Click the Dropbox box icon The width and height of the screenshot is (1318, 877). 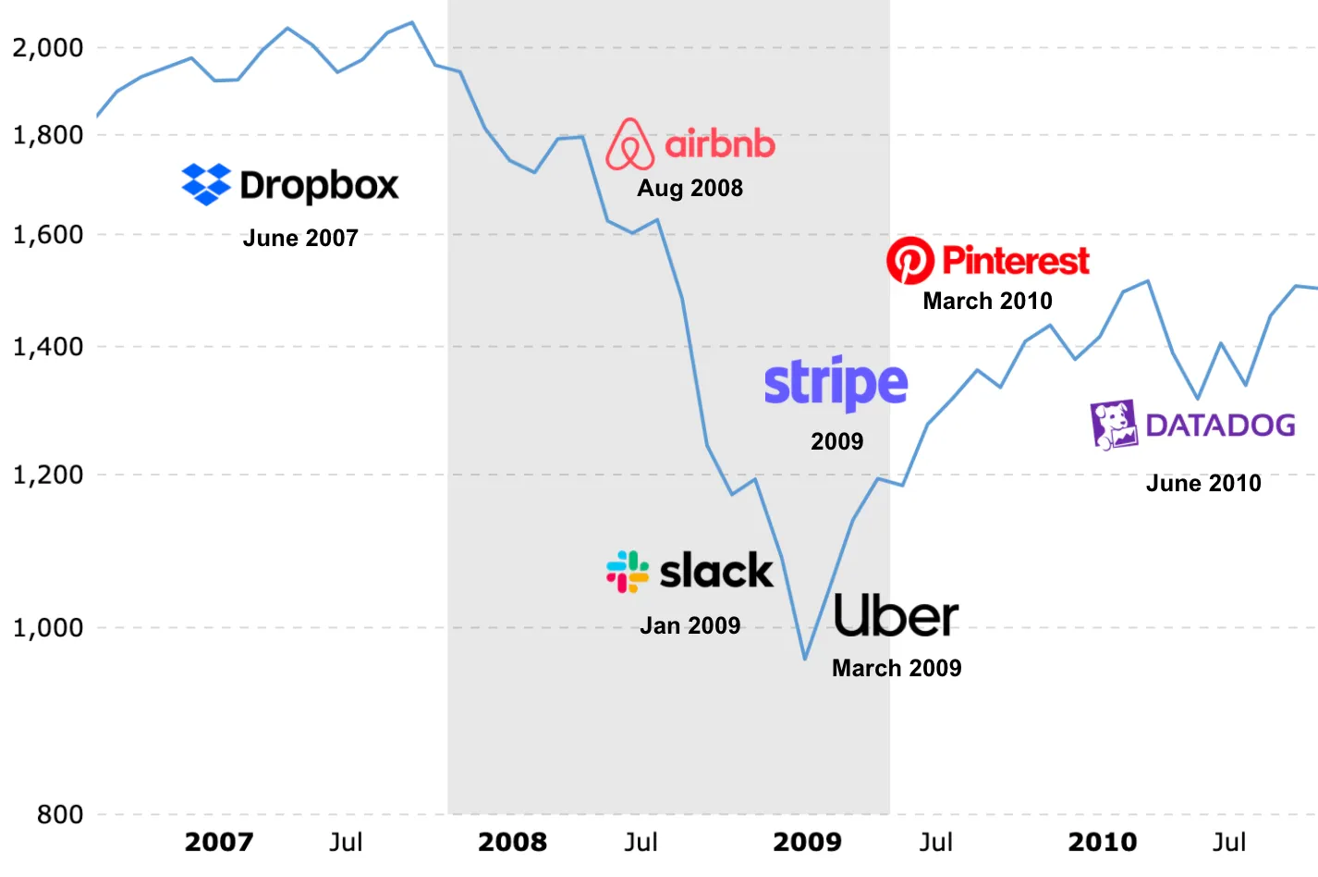[206, 184]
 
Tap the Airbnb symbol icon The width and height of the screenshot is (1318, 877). [629, 144]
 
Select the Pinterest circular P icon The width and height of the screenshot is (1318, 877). [910, 260]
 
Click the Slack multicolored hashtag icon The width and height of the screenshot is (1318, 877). [628, 571]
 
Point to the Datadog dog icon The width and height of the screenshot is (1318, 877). [1114, 425]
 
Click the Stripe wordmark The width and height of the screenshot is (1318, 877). [836, 383]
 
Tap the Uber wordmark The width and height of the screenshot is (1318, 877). [896, 616]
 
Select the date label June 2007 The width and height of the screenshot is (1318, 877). [300, 238]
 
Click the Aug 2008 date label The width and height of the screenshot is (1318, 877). [690, 188]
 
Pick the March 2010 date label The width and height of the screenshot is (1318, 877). [987, 301]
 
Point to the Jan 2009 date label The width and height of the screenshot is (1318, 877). [690, 625]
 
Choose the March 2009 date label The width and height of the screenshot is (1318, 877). [897, 668]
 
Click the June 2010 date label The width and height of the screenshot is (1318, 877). [1203, 483]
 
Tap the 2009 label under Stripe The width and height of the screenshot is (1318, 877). [836, 441]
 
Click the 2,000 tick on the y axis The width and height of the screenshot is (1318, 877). [48, 47]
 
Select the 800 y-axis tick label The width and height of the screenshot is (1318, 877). [60, 814]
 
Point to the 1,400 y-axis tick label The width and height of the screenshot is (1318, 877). [48, 347]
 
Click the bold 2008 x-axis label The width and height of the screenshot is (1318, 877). [512, 842]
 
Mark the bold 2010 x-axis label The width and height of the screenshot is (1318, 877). [1102, 842]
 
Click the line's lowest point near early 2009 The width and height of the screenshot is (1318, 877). [805, 659]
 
